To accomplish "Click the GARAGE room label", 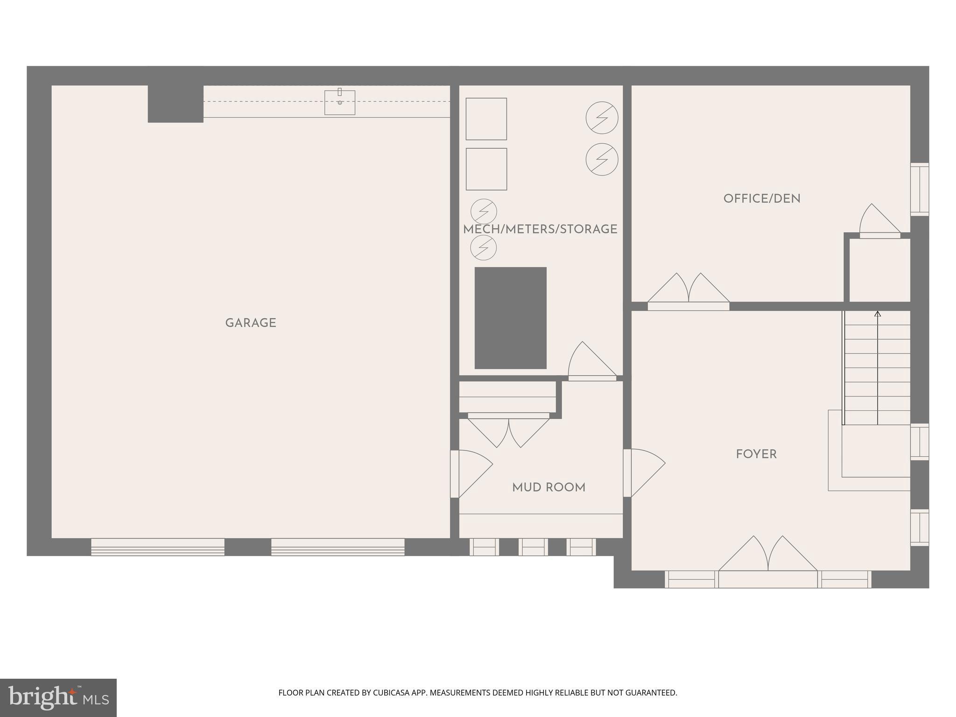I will pos(251,323).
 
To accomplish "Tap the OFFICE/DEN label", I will pos(762,199).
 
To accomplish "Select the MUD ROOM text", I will pos(548,488).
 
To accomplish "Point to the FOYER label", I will pos(756,454).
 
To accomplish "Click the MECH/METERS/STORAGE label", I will pos(540,229).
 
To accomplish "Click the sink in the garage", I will pos(340,102).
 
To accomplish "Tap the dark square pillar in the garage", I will pos(176,104).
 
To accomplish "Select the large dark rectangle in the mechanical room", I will pos(510,318).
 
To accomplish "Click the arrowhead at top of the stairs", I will pos(878,314).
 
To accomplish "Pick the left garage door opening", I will pos(158,547).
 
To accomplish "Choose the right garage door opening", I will pos(338,547).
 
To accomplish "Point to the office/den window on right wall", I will pos(920,189).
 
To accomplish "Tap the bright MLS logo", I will pos(58,698).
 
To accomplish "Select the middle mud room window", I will pos(533,547).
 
